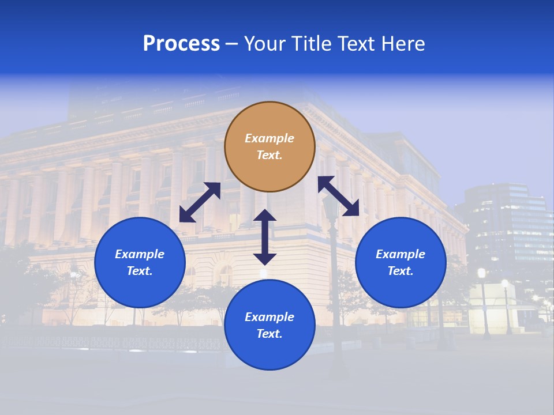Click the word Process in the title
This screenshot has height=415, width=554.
(181, 44)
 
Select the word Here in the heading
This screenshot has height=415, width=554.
(402, 44)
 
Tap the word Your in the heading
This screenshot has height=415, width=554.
(265, 44)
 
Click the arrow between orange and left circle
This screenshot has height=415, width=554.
(200, 202)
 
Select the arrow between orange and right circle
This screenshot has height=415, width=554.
(338, 196)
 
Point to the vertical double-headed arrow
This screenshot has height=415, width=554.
(265, 237)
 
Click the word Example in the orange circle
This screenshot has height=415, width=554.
(269, 138)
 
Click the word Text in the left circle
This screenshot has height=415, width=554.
(140, 271)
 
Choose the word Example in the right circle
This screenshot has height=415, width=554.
(400, 254)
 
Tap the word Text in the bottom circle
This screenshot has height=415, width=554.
(269, 334)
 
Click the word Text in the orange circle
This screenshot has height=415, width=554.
(269, 155)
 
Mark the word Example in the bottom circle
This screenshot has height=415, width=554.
(269, 317)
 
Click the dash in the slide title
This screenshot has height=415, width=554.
(232, 44)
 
